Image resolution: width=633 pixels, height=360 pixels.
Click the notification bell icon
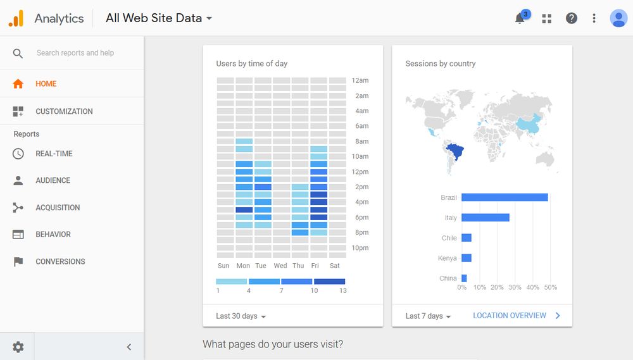pyautogui.click(x=520, y=18)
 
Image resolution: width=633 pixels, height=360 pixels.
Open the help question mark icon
pyautogui.click(x=572, y=18)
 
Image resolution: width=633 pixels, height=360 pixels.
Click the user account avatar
pyautogui.click(x=618, y=18)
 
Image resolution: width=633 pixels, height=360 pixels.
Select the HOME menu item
pyautogui.click(x=46, y=84)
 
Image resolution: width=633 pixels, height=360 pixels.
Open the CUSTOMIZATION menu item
pyautogui.click(x=64, y=111)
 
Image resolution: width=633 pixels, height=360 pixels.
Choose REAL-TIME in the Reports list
pyautogui.click(x=54, y=154)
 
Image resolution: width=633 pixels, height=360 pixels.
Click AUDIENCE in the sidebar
pyautogui.click(x=53, y=180)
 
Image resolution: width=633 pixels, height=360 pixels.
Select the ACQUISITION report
pyautogui.click(x=58, y=208)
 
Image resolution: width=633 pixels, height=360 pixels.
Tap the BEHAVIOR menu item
pyautogui.click(x=53, y=234)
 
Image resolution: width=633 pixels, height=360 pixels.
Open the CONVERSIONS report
pyautogui.click(x=60, y=261)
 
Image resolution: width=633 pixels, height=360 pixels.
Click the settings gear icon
pyautogui.click(x=18, y=347)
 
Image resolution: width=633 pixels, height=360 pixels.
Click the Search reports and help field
pyautogui.click(x=75, y=53)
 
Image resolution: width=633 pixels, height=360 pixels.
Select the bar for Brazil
pyautogui.click(x=505, y=197)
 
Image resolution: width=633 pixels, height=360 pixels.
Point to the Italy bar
pyautogui.click(x=486, y=218)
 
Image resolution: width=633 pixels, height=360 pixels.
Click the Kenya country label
pyautogui.click(x=447, y=258)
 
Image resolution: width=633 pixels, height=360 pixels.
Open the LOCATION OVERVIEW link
pyautogui.click(x=510, y=316)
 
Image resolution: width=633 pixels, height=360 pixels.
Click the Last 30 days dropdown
pyautogui.click(x=241, y=316)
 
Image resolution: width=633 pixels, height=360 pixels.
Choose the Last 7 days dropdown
pyautogui.click(x=428, y=316)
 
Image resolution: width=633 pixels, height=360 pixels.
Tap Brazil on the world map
pyautogui.click(x=455, y=152)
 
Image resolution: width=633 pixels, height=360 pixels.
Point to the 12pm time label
pyautogui.click(x=360, y=172)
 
